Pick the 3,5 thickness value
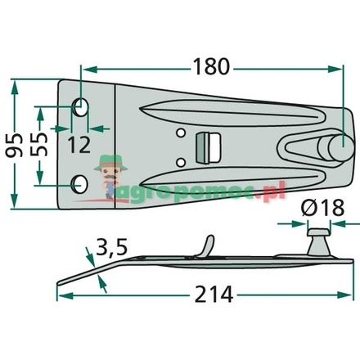[111, 245]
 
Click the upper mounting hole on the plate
[82, 106]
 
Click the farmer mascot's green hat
[107, 163]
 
